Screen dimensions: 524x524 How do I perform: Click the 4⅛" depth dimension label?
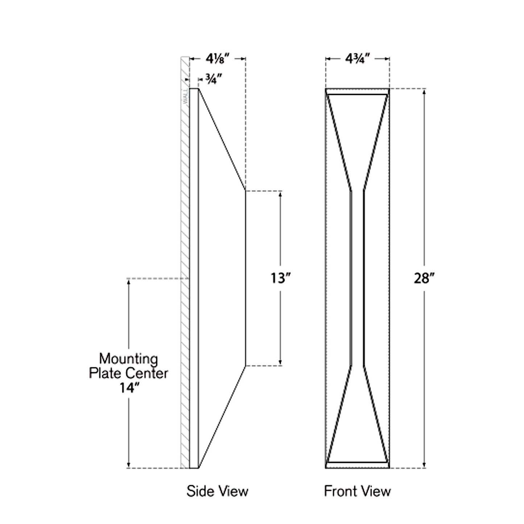(218, 58)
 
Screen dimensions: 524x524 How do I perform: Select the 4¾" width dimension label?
(357, 58)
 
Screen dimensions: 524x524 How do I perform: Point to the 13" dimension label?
(281, 278)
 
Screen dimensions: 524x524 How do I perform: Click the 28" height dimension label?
(424, 278)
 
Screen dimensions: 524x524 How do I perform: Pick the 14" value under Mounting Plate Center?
(129, 388)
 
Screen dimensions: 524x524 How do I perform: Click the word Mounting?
(129, 359)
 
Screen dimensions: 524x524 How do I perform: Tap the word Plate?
(106, 373)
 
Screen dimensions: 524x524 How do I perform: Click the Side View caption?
(217, 491)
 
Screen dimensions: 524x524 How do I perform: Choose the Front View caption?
(357, 491)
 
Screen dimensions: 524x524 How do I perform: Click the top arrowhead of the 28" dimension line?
(424, 91)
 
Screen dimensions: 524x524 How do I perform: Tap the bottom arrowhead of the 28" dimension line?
(424, 465)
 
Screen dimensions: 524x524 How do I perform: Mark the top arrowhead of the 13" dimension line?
(281, 194)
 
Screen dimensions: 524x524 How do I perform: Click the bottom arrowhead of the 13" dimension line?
(281, 363)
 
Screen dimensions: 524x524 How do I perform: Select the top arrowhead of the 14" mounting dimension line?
(129, 281)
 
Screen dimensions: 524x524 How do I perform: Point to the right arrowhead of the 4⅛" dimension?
(243, 58)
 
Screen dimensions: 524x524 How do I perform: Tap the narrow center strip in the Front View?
(357, 278)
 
